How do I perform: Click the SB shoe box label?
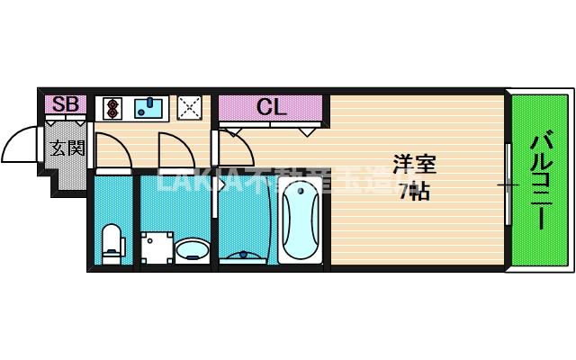point(65,105)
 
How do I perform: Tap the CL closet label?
point(271,108)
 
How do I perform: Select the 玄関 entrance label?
point(66,147)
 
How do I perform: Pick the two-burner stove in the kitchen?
point(112,108)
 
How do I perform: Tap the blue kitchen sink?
point(149,108)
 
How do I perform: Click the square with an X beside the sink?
point(189,108)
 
